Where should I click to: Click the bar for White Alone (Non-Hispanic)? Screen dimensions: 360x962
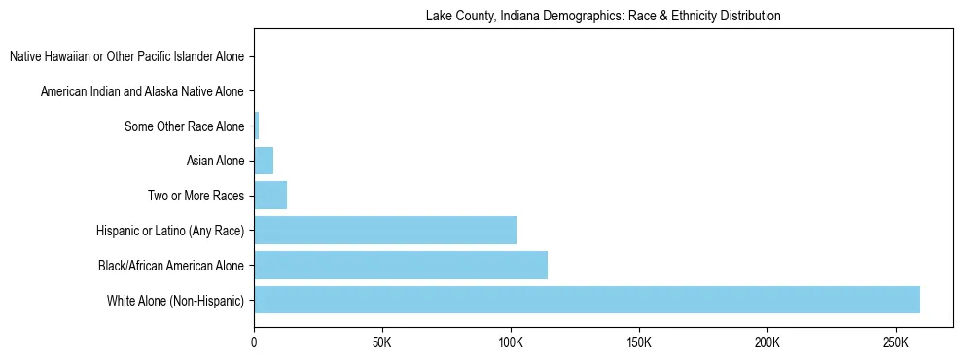(587, 300)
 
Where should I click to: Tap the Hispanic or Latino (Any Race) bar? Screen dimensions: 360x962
(385, 231)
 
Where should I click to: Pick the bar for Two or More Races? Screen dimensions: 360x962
(270, 196)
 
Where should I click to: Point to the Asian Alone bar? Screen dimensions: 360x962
(264, 161)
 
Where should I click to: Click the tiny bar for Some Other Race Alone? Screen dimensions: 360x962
(257, 126)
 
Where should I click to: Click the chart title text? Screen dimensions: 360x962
(603, 17)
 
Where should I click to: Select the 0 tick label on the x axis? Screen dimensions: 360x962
(255, 343)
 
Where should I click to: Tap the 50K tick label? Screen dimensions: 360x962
(382, 343)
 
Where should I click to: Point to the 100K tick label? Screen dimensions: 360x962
(511, 343)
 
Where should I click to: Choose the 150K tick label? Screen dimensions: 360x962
(639, 343)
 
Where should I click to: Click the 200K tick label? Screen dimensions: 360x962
(767, 343)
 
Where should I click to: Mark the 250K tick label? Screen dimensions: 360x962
(895, 343)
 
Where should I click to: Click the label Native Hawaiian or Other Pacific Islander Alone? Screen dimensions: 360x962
(126, 56)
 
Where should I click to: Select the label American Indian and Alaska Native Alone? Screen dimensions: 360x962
(142, 91)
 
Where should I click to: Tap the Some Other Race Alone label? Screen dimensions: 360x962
(185, 126)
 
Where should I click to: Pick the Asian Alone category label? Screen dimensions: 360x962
(215, 161)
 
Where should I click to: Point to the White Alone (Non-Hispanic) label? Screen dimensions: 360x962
(176, 301)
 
